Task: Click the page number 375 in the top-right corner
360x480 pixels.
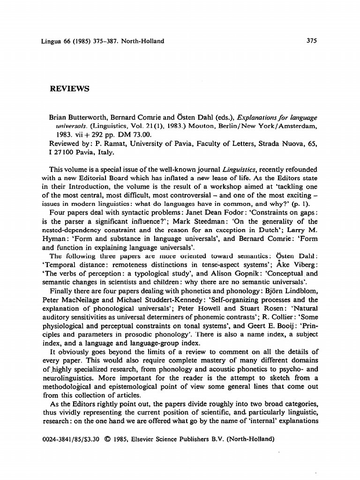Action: point(312,41)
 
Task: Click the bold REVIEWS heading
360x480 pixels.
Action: point(69,89)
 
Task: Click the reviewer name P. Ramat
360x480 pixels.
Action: point(107,144)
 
